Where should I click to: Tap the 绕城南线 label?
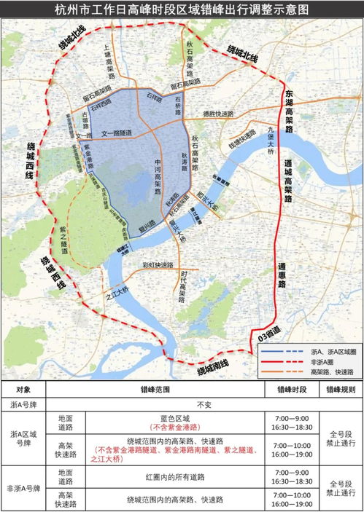tap(212, 369)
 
